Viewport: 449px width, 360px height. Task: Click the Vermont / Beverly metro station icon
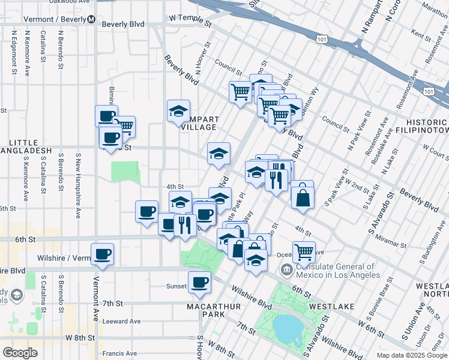pyautogui.click(x=91, y=19)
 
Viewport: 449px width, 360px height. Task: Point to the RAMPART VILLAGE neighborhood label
pyautogui.click(x=199, y=123)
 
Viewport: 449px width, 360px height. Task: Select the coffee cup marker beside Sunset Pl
pyautogui.click(x=199, y=282)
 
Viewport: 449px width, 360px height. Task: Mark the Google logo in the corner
pyautogui.click(x=20, y=353)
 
